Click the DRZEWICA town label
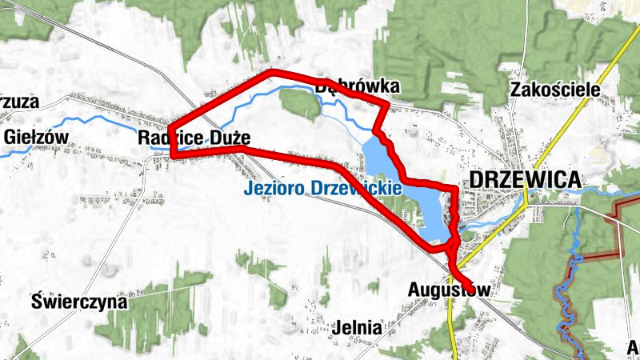(x=525, y=180)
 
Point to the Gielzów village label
(x=37, y=136)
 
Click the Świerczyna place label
(x=78, y=302)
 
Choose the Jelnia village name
(x=359, y=326)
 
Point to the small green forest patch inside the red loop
(x=300, y=104)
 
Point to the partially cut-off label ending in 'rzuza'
(x=19, y=102)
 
